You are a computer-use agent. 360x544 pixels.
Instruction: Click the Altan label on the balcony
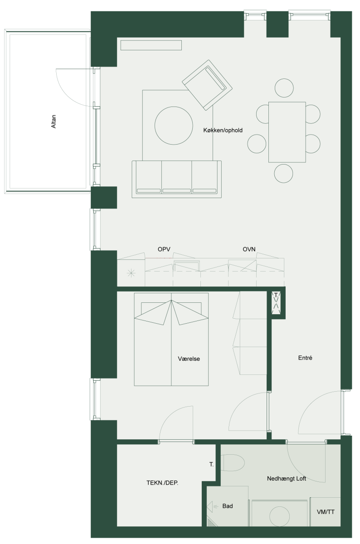click(54, 121)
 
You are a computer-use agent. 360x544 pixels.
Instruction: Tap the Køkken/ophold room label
click(223, 131)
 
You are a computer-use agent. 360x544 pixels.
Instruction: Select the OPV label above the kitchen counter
click(164, 249)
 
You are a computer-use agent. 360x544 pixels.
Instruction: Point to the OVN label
click(249, 249)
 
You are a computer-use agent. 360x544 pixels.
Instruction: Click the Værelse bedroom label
click(189, 359)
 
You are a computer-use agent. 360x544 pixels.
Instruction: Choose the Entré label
click(305, 358)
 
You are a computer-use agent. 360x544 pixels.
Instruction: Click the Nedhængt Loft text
click(287, 479)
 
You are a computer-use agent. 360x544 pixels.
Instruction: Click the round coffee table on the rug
click(174, 126)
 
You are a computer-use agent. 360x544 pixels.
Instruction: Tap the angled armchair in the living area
click(207, 85)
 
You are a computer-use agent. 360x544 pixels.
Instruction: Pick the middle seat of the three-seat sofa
click(176, 177)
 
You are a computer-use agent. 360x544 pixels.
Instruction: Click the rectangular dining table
click(287, 132)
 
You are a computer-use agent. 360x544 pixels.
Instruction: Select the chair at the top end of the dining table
click(284, 87)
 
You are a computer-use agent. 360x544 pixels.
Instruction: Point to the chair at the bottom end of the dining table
click(283, 173)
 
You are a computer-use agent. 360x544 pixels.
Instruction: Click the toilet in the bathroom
click(233, 463)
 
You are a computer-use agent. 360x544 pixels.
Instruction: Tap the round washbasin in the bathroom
click(280, 516)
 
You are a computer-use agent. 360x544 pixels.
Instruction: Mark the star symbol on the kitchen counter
click(131, 274)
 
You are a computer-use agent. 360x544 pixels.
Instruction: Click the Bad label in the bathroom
click(228, 506)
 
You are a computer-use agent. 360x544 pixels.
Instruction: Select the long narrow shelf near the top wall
click(151, 45)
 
